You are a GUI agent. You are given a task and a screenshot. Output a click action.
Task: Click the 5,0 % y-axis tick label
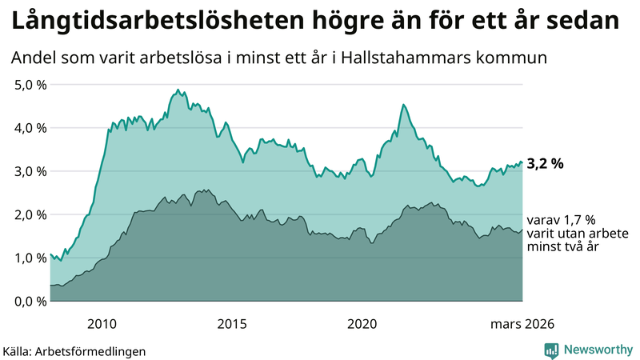pos(30,84)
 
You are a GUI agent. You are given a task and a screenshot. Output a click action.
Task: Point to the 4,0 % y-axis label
pos(30,127)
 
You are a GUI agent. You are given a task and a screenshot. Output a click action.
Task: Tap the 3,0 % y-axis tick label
pos(30,171)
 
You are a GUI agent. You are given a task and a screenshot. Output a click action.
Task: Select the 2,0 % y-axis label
pos(30,214)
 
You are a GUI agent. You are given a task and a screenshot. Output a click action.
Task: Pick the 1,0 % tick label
pos(30,258)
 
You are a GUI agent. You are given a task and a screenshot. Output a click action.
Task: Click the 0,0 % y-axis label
pos(30,301)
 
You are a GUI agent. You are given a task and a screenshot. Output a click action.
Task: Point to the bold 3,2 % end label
pos(546,164)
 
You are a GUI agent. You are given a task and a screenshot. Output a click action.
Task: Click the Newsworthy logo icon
pos(551,350)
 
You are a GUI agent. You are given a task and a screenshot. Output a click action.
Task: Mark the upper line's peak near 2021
pos(404,105)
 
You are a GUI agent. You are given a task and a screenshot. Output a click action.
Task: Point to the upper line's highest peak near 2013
pos(176,90)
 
